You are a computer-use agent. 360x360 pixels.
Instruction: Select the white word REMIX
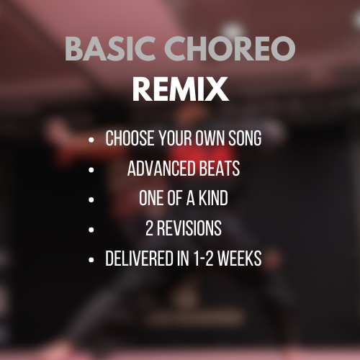point(181,89)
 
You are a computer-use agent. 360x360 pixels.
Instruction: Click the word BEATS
point(215,169)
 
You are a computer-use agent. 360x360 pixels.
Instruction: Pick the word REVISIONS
point(188,230)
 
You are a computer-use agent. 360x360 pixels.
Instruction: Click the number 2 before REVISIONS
point(148,230)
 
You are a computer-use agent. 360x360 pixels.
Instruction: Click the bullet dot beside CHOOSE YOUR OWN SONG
point(91,140)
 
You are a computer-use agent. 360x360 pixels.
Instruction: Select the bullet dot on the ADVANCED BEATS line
point(91,171)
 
